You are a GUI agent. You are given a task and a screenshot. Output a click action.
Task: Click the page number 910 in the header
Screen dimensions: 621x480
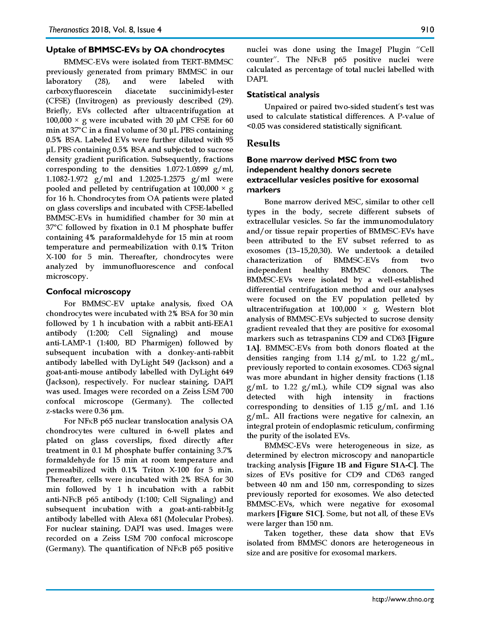427,30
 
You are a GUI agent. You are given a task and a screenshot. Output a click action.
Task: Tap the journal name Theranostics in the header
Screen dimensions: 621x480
69,30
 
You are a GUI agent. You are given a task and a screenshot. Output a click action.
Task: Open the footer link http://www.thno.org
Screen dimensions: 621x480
403,599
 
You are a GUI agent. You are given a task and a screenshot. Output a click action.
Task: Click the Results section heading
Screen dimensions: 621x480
263,143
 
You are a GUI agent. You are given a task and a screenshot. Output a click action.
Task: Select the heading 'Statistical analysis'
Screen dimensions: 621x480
283,95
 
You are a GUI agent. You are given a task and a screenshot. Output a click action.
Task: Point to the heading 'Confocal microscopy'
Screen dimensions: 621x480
89,292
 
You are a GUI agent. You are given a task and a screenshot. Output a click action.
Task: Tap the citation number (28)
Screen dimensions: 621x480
103,81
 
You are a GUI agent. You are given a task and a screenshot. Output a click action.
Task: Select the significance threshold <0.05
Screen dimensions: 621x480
256,126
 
